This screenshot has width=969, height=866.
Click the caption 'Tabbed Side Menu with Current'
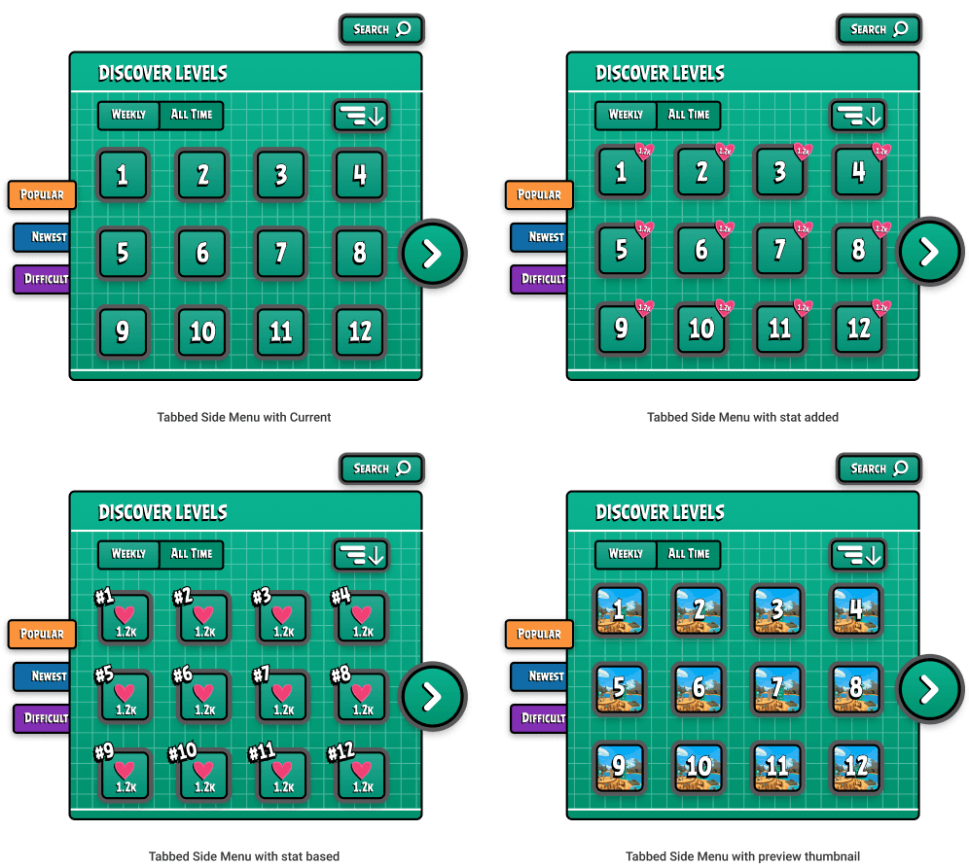pyautogui.click(x=244, y=417)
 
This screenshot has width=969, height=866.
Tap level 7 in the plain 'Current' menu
pyautogui.click(x=280, y=254)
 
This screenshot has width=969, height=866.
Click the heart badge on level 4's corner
pyautogui.click(x=881, y=152)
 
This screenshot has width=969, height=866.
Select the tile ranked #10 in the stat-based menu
pyautogui.click(x=202, y=775)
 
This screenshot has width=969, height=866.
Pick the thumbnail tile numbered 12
pyautogui.click(x=856, y=768)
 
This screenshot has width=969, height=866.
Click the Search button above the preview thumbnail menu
pyautogui.click(x=879, y=468)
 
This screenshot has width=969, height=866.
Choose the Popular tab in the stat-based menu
pyautogui.click(x=42, y=634)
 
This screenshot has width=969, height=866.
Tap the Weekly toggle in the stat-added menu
pyautogui.click(x=626, y=115)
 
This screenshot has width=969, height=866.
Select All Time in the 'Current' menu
pyautogui.click(x=192, y=115)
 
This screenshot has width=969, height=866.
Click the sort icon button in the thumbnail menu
pyautogui.click(x=858, y=555)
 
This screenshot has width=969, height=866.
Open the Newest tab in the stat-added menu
pyautogui.click(x=540, y=237)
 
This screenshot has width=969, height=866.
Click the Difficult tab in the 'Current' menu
pyautogui.click(x=42, y=279)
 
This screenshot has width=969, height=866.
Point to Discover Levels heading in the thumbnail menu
pyautogui.click(x=660, y=512)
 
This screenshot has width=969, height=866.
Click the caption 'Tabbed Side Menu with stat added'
pyautogui.click(x=742, y=417)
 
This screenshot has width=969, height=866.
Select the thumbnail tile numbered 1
pyautogui.click(x=619, y=610)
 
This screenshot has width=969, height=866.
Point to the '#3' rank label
pyautogui.click(x=261, y=597)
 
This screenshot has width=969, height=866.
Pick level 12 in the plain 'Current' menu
pyautogui.click(x=360, y=331)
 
